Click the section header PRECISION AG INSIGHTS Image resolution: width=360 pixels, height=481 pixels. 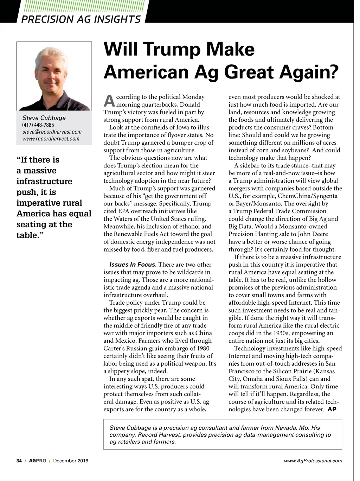(81, 19)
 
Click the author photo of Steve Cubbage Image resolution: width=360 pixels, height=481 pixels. (54, 76)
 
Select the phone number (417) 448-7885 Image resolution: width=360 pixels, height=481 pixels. (38, 125)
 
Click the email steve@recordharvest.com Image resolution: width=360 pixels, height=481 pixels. (52, 132)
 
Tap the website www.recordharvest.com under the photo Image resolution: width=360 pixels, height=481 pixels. (51, 139)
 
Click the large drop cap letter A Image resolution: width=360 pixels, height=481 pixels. (109, 101)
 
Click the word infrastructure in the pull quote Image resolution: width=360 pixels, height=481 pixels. (44, 181)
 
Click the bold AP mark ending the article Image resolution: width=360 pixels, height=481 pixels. (332, 409)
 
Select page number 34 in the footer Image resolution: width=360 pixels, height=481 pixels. (19, 461)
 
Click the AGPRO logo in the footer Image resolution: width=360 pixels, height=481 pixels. (38, 461)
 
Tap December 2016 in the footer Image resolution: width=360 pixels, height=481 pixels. (71, 461)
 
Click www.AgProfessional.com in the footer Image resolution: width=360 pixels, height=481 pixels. (313, 461)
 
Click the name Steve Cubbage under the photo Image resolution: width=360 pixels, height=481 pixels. (44, 118)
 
